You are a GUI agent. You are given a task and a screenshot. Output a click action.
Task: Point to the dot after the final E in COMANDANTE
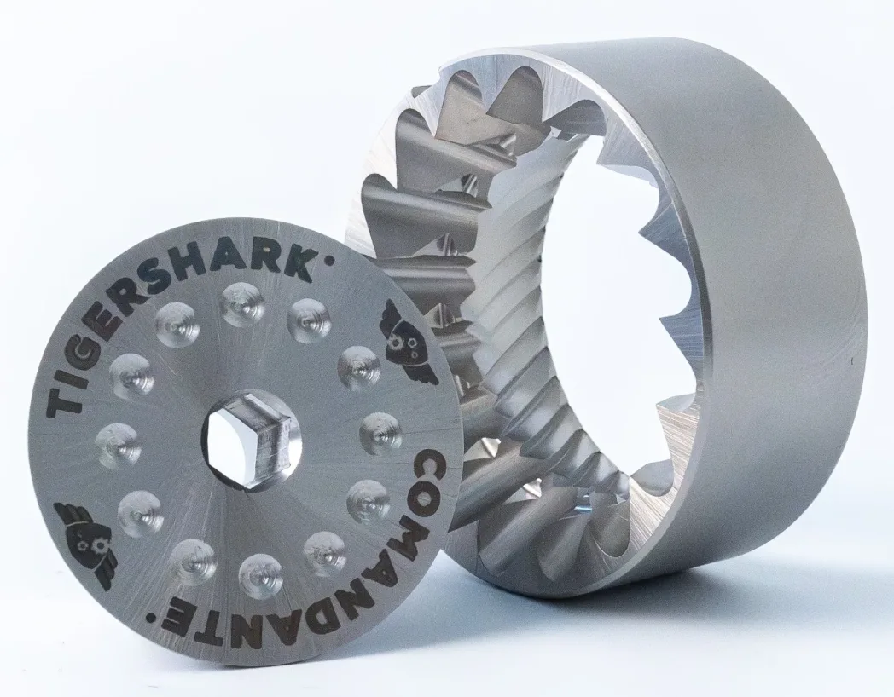coord(152,616)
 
